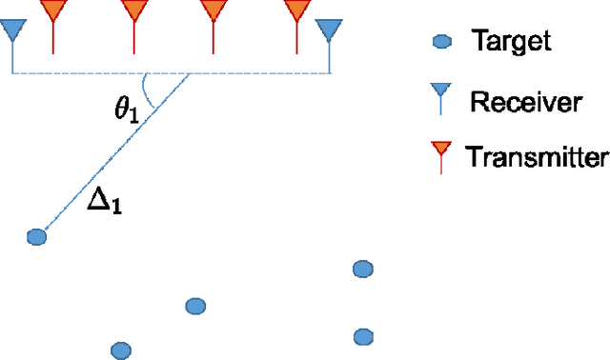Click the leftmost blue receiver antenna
(x=12, y=34)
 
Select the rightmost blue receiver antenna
(x=330, y=34)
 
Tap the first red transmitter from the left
(x=53, y=13)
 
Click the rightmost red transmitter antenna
(x=297, y=13)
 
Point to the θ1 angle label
(x=128, y=111)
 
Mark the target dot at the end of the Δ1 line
(x=36, y=237)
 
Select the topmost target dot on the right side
(x=362, y=270)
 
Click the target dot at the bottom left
(x=120, y=350)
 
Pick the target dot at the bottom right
(x=362, y=336)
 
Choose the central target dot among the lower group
(x=194, y=306)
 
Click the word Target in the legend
(x=511, y=41)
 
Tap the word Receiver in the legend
(x=525, y=102)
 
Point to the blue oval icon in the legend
(x=441, y=41)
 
